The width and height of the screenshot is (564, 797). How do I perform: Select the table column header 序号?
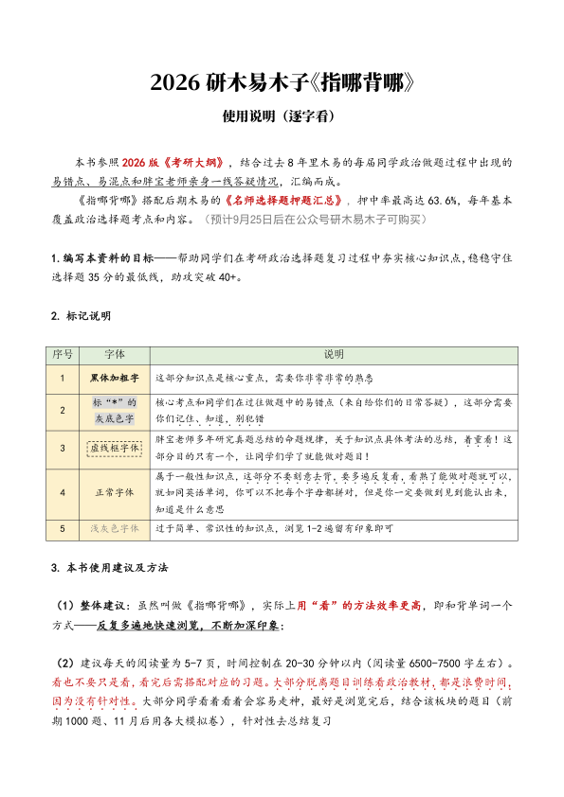(63, 354)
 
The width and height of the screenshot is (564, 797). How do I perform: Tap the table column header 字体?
(114, 354)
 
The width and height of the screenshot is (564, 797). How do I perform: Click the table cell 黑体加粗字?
(114, 377)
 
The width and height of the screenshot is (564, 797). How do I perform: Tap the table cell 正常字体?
(114, 493)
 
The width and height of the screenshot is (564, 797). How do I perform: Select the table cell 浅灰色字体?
(114, 528)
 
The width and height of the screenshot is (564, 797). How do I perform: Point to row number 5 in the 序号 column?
(63, 528)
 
